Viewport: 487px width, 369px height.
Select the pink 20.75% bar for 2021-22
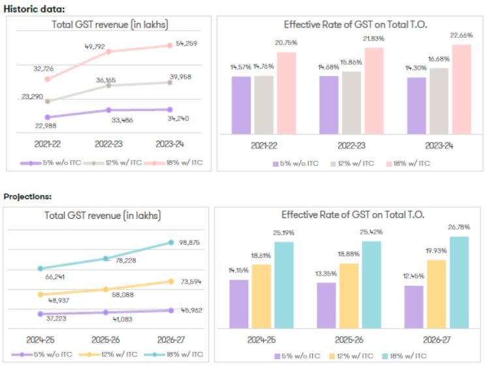(286, 93)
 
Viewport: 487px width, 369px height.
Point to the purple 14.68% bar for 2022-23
(328, 104)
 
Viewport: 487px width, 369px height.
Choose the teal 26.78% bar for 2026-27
(459, 282)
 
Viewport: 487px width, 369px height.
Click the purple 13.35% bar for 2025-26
(326, 305)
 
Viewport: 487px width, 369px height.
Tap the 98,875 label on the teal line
(191, 242)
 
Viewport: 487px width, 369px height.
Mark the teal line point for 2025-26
(107, 259)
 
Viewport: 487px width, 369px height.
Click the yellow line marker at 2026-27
(171, 281)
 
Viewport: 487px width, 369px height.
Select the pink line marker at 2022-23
(108, 52)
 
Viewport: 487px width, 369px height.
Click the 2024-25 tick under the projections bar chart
(261, 340)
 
